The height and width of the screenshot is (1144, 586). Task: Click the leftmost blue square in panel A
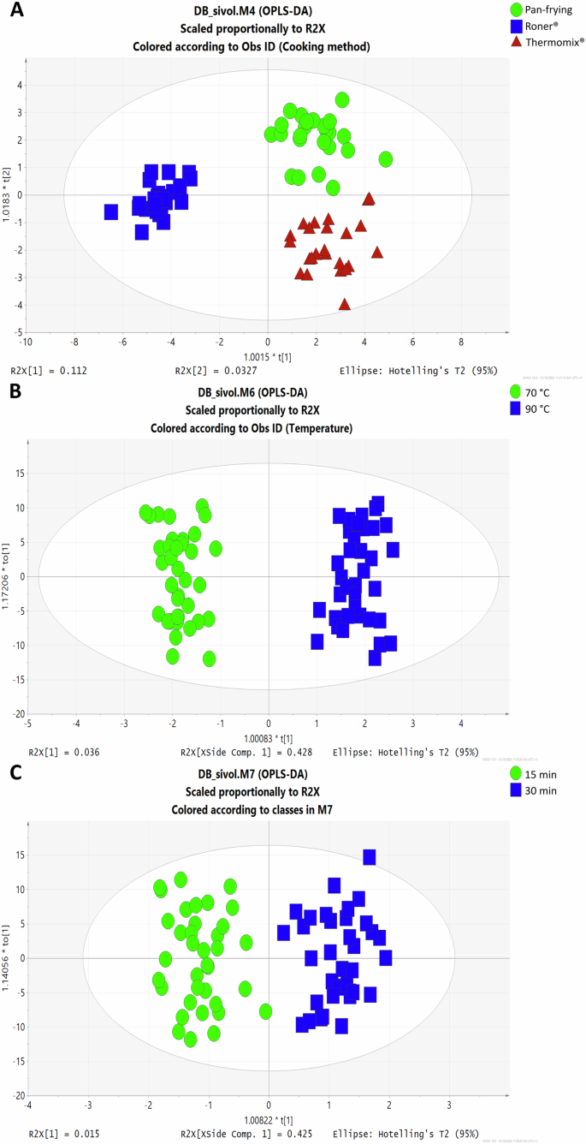tap(110, 212)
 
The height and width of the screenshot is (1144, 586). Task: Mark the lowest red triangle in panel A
tap(345, 304)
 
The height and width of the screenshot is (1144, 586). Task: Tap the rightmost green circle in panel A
tap(385, 159)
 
